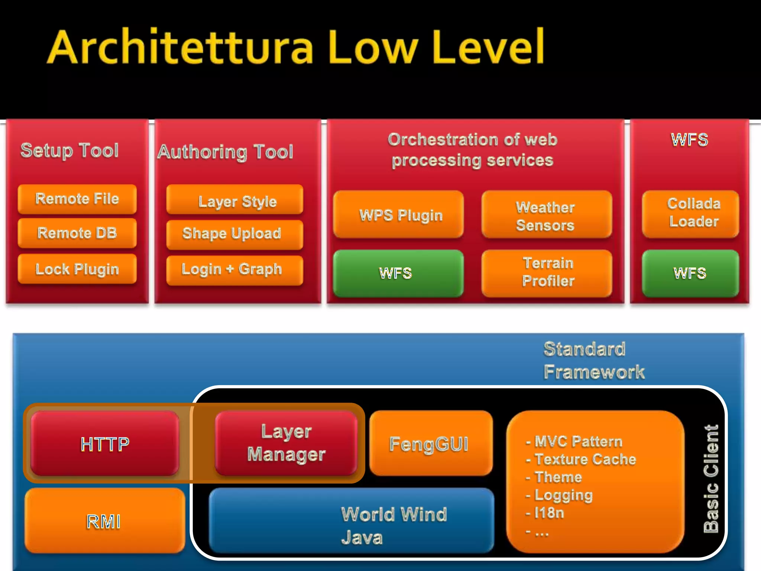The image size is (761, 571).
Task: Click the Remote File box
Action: pos(77,199)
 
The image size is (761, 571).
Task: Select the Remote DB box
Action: pos(77,233)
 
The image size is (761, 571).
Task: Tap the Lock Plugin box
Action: pos(77,269)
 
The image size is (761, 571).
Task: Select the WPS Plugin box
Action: pos(398,214)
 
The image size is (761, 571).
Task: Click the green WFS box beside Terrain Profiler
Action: pos(398,273)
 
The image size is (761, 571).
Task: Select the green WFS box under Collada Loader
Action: pos(690,273)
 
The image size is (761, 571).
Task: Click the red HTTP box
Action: pos(105,443)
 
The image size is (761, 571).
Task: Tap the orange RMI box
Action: pos(105,520)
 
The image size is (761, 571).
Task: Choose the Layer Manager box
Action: pos(286,443)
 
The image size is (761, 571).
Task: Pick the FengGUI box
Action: pos(431,443)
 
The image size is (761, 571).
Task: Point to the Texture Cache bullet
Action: pos(585,459)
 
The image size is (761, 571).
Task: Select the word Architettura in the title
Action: pos(181,48)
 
